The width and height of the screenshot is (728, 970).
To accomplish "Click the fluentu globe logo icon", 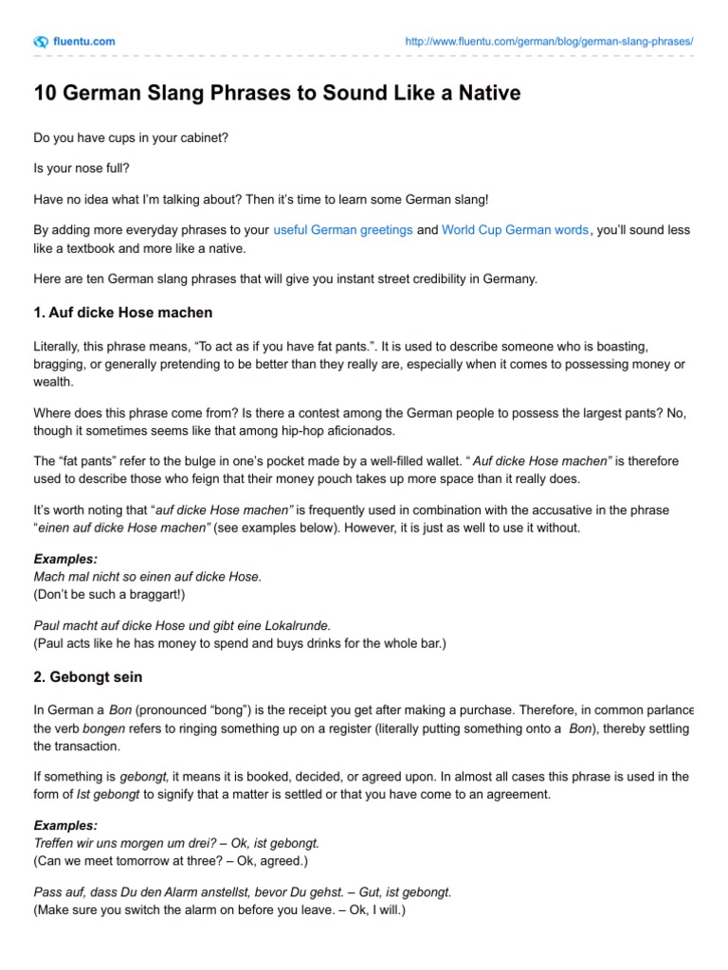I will point(41,42).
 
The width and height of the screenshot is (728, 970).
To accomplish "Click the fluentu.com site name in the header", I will point(85,42).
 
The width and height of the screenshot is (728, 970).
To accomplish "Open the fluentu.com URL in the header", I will point(549,42).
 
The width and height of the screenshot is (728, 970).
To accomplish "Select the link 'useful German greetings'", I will point(342,230).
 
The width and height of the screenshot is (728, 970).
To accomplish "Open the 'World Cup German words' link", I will point(515,230).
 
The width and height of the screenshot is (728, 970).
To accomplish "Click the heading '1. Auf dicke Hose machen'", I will point(123,312).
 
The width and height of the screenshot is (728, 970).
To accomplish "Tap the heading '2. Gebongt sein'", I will point(88,678).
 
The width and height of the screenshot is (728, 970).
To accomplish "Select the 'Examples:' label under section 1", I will point(65,559).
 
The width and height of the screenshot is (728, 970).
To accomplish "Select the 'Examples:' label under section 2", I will point(65,826).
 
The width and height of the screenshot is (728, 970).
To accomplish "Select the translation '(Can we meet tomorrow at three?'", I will point(171,860).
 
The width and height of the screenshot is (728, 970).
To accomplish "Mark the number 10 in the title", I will point(45,95).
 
